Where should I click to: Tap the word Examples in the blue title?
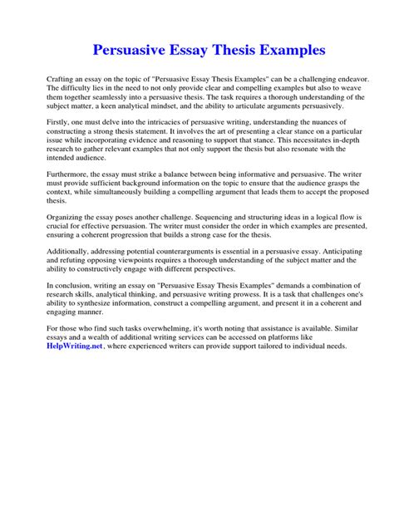coord(283,51)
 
